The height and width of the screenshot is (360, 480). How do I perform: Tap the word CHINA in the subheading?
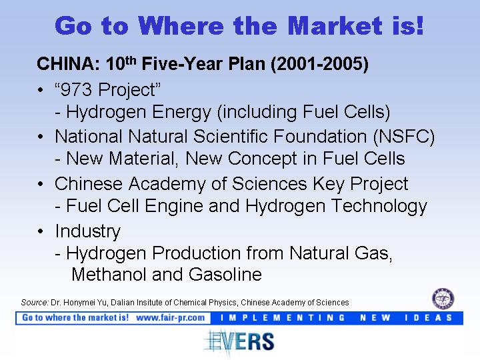click(x=68, y=64)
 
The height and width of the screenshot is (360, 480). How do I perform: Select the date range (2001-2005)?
click(x=319, y=64)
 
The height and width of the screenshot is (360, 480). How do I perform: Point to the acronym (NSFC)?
click(x=404, y=137)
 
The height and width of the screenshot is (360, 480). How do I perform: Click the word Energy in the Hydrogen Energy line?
click(x=181, y=112)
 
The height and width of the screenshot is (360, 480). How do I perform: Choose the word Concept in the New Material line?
click(x=263, y=159)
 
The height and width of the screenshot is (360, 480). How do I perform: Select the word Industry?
click(x=88, y=231)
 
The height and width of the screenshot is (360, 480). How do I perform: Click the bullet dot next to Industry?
click(x=41, y=231)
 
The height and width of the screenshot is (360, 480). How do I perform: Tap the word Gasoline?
click(x=225, y=274)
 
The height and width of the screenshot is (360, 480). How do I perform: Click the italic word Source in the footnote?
click(x=35, y=303)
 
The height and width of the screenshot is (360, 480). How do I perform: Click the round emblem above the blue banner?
click(x=443, y=299)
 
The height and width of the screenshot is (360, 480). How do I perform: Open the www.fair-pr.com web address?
click(x=171, y=318)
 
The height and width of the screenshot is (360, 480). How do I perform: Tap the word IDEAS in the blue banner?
click(x=429, y=318)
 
